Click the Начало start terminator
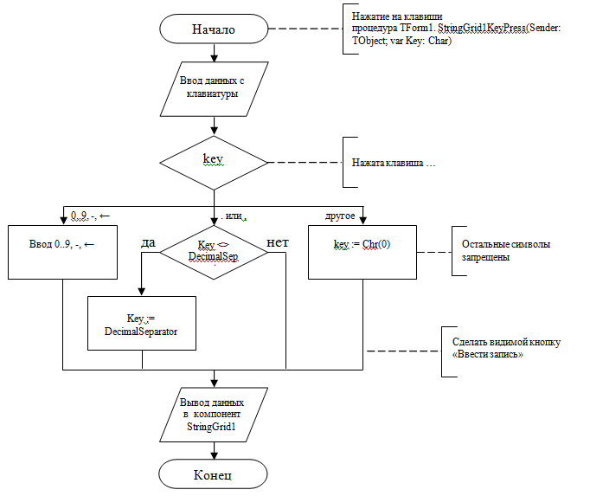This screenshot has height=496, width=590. (x=214, y=29)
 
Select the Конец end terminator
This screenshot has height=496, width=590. (x=214, y=473)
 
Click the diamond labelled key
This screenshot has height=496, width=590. (x=214, y=161)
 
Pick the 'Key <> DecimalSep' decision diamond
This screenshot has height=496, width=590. (x=213, y=252)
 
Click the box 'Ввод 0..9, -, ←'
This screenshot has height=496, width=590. (x=62, y=252)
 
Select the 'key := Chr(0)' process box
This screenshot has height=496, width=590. (x=362, y=252)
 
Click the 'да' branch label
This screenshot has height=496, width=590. (x=148, y=243)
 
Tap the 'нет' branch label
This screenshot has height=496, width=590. (x=277, y=243)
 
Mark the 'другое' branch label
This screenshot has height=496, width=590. (x=339, y=214)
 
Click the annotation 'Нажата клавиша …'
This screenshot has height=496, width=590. (x=393, y=162)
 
